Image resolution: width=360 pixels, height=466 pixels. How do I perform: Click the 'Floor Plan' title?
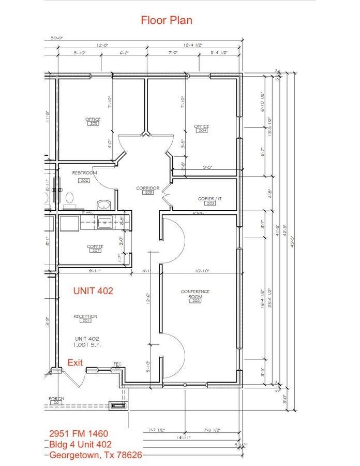click(167, 20)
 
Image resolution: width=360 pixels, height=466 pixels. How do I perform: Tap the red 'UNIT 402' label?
click(94, 290)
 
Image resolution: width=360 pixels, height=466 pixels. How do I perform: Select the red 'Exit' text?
click(75, 363)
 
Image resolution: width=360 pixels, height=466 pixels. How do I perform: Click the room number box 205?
click(94, 124)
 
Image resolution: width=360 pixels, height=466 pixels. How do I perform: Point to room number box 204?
click(202, 131)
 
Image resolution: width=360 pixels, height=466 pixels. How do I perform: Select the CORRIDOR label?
click(147, 188)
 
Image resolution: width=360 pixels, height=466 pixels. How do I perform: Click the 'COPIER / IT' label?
click(210, 198)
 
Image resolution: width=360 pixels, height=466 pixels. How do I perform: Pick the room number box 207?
click(95, 251)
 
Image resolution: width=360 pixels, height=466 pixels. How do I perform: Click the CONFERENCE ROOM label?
click(195, 294)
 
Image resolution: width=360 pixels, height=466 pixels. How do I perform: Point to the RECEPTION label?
click(85, 316)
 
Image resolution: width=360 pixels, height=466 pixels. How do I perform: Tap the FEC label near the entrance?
click(117, 365)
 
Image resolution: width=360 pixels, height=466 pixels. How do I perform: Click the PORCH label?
click(56, 398)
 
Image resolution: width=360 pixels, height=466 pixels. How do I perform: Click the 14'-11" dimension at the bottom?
click(184, 438)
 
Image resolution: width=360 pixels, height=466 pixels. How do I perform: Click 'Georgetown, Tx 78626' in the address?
click(96, 455)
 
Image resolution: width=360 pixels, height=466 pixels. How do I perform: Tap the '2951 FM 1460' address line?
click(79, 433)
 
